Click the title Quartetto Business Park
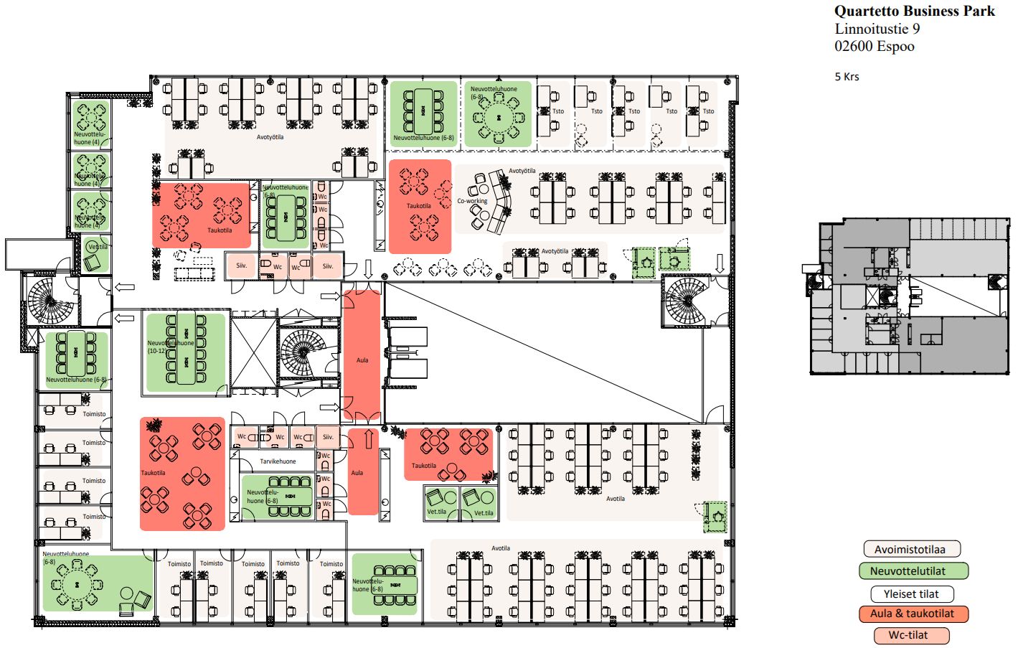(914, 11)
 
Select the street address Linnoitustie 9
(877, 29)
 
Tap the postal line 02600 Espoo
(874, 46)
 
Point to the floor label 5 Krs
(847, 77)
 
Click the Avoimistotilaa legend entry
(911, 550)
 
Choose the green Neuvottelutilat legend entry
(913, 571)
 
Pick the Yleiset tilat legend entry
(911, 594)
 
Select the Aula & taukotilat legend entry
(913, 614)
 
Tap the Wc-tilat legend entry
(911, 635)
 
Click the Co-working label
(472, 201)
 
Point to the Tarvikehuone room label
(278, 461)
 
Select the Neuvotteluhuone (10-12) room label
(170, 347)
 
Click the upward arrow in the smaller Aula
(369, 438)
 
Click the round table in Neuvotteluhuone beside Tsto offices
(498, 117)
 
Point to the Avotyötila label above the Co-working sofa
(522, 171)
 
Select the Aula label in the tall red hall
(362, 360)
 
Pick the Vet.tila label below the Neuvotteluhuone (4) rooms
(98, 247)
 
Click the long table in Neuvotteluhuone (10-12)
(187, 349)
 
